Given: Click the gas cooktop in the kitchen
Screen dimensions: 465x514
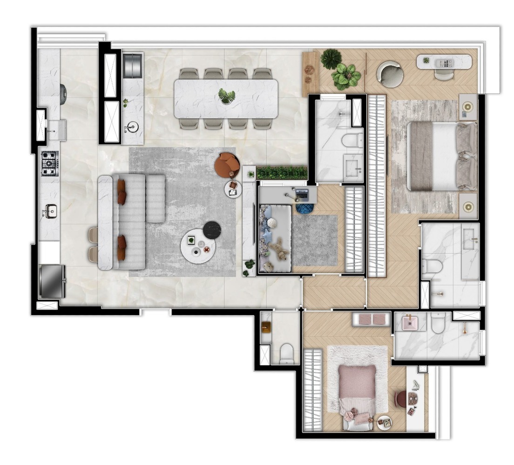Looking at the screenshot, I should click(x=49, y=163).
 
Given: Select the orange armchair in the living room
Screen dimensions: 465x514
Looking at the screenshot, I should click(x=227, y=165).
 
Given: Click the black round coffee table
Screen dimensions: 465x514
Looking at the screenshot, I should click(x=212, y=230).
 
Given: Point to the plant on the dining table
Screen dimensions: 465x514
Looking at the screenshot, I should click(x=227, y=96).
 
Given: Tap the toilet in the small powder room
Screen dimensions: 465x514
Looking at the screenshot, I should click(x=286, y=353).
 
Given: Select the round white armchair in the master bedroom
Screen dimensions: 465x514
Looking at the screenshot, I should click(x=390, y=74).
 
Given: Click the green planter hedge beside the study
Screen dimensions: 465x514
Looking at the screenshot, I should click(x=282, y=173).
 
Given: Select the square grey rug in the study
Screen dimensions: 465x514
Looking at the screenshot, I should click(x=315, y=239).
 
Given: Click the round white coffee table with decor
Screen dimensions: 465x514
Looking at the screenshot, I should click(x=198, y=247).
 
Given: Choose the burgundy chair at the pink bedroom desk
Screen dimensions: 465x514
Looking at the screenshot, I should click(x=400, y=399).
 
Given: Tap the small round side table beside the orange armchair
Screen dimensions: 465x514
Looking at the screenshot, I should click(x=233, y=189).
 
